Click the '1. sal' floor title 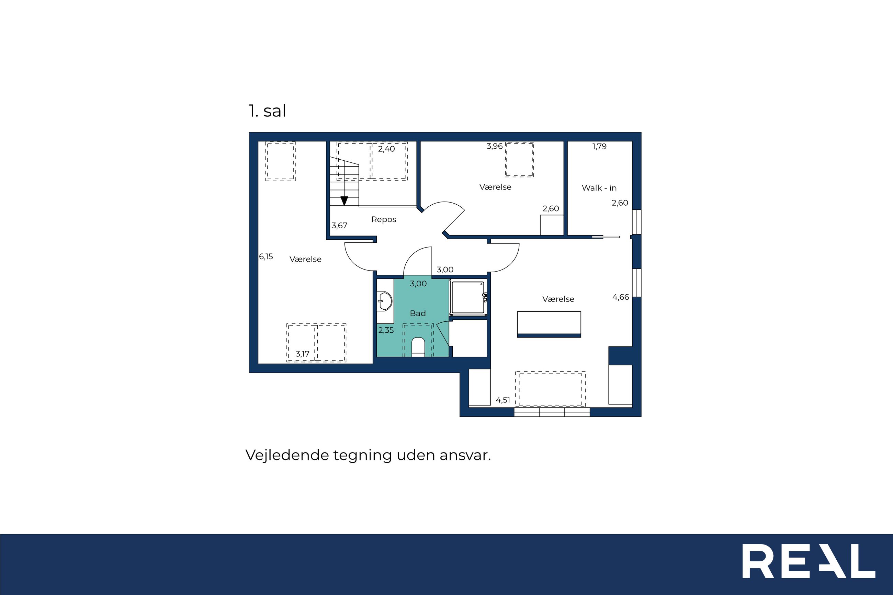pos(267,111)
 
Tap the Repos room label pos(384,219)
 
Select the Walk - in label pos(599,188)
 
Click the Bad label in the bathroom pos(418,313)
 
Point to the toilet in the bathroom pos(418,347)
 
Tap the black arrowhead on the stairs pos(344,201)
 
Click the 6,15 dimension pos(266,256)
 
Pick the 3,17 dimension pos(303,354)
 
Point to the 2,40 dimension pos(386,149)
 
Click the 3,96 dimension pos(495,146)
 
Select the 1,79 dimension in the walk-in pos(600,146)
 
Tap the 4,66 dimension pos(621,297)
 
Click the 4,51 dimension pos(503,400)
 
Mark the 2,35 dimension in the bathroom pos(386,330)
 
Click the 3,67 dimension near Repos pos(339,226)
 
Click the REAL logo pos(809,561)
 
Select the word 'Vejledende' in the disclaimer pos(287,455)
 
